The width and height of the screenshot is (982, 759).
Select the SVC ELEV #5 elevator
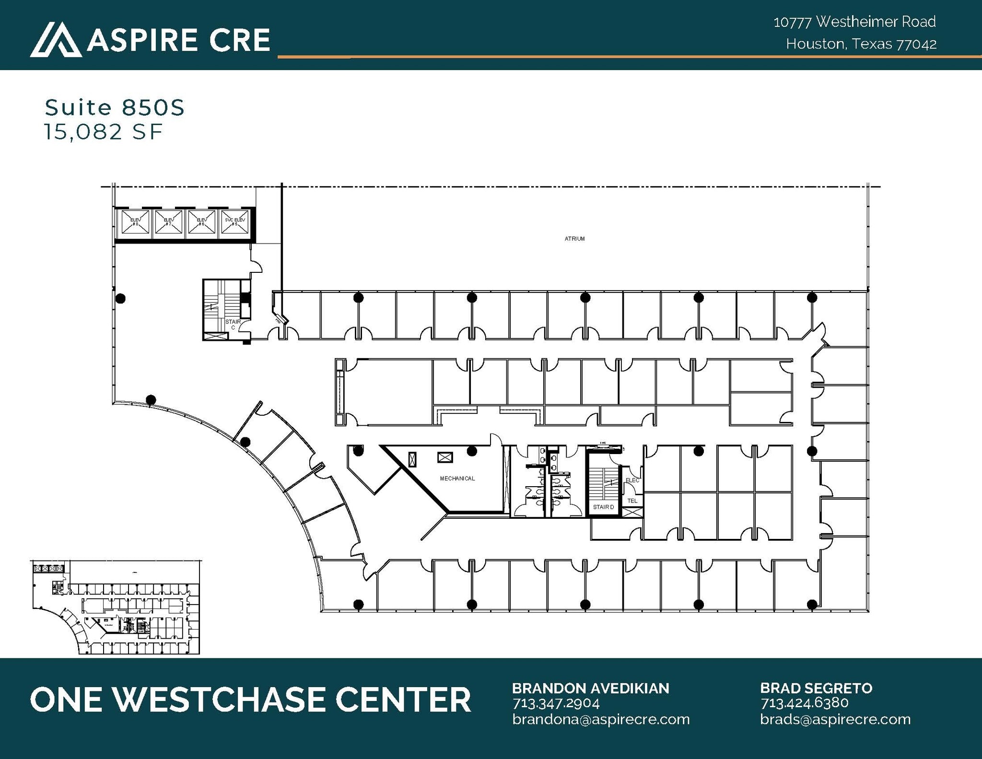click(x=234, y=223)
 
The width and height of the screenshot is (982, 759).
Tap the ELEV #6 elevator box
click(x=201, y=223)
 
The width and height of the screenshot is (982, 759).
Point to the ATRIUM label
click(x=574, y=238)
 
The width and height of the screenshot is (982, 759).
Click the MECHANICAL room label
click(x=457, y=479)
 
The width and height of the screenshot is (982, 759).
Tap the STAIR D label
click(x=603, y=507)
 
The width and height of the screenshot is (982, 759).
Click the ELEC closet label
click(x=632, y=480)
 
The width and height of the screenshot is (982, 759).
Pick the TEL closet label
click(x=632, y=501)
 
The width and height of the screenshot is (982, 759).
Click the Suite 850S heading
click(x=115, y=108)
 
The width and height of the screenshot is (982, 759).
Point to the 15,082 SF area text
click(x=104, y=132)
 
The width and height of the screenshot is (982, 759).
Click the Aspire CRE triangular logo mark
click(x=56, y=40)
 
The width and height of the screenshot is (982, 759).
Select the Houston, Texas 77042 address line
click(x=861, y=44)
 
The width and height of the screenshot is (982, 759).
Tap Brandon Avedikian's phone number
click(x=556, y=703)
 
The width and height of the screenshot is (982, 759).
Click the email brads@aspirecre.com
click(x=835, y=719)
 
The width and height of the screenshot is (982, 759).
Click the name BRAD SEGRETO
click(x=816, y=688)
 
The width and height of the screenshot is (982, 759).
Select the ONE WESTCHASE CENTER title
click(x=250, y=699)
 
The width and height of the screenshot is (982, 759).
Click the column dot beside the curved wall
click(x=151, y=399)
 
